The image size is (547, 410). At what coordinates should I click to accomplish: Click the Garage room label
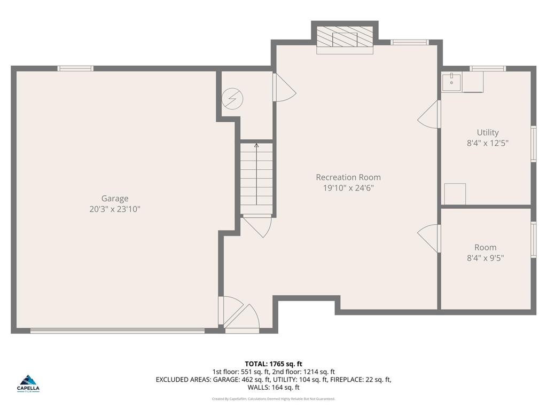[x=115, y=199]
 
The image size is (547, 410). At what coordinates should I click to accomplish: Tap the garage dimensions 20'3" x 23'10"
[x=115, y=209]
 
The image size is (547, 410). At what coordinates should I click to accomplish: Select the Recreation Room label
[x=348, y=177]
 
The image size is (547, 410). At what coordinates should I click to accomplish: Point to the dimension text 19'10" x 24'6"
[x=348, y=188]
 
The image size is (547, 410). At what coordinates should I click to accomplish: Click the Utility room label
[x=488, y=132]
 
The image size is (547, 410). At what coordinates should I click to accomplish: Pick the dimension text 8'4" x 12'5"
[x=488, y=143]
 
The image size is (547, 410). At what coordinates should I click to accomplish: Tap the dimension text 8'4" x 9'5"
[x=485, y=258]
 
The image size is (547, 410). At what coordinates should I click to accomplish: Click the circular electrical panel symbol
[x=233, y=98]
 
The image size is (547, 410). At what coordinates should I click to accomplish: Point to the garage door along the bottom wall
[x=118, y=330]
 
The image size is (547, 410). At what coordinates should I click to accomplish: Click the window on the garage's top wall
[x=75, y=68]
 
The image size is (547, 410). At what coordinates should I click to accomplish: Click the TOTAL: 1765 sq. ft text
[x=273, y=364]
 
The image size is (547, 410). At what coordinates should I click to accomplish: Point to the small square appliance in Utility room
[x=455, y=194]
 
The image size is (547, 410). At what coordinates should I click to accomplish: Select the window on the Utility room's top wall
[x=487, y=68]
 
